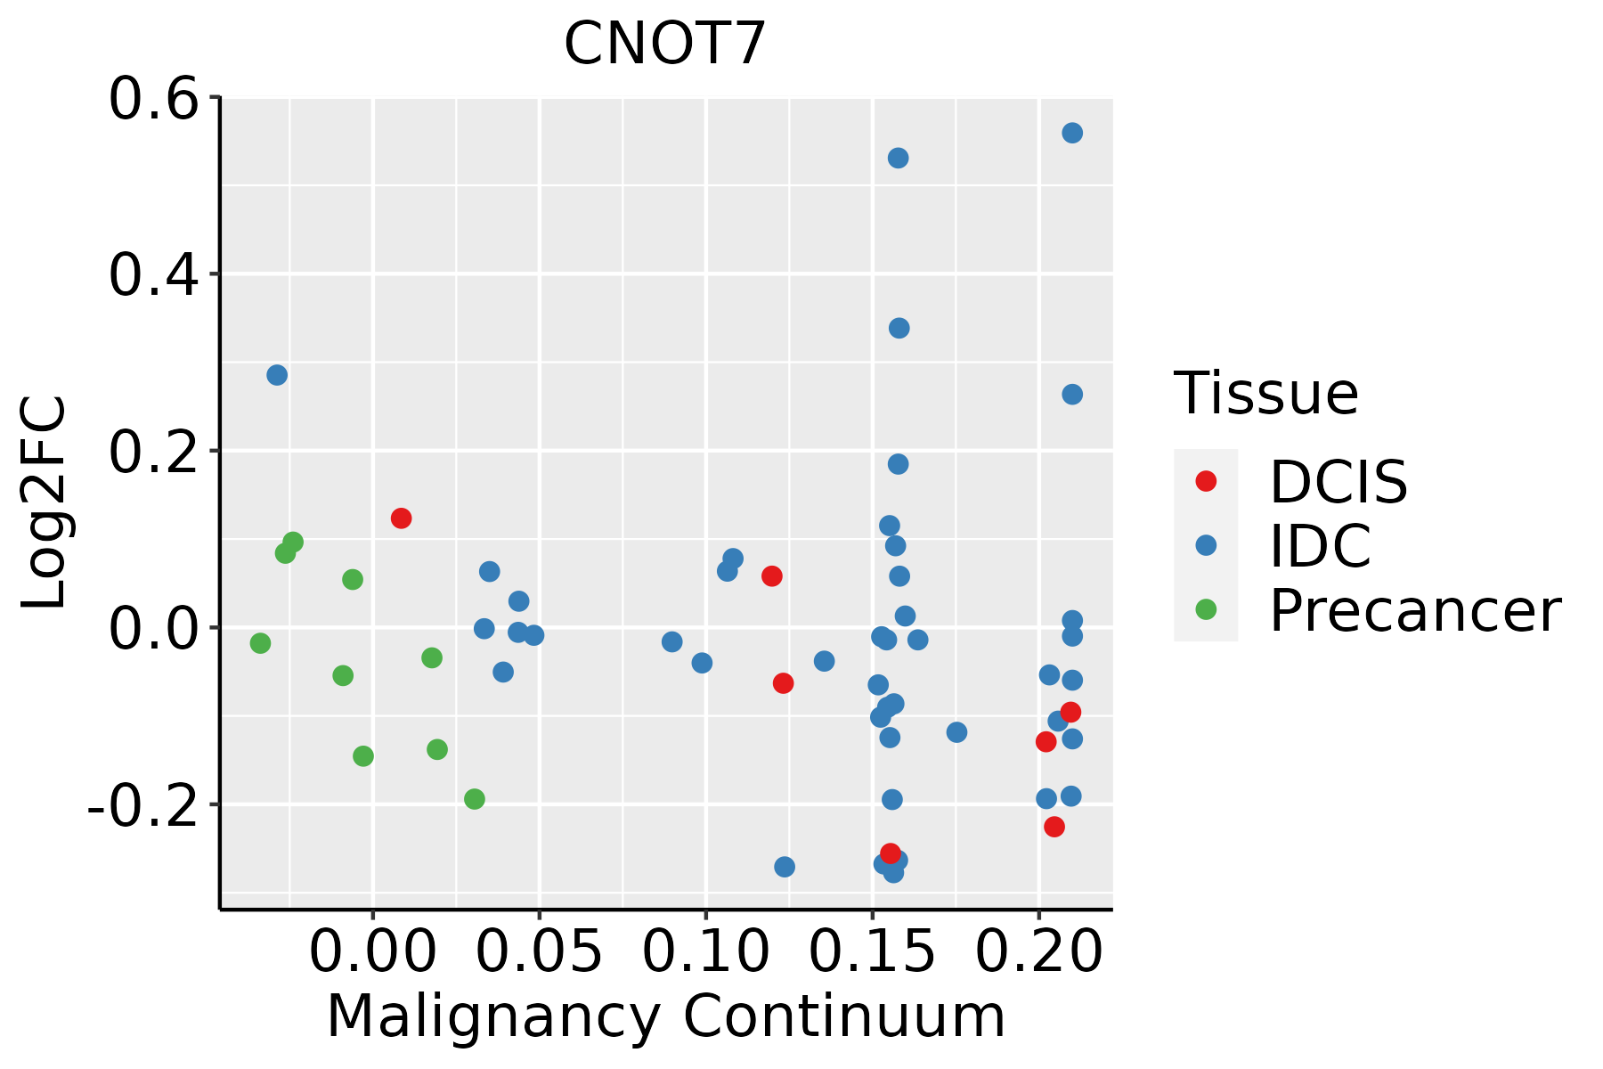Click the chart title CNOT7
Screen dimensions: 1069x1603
tap(665, 44)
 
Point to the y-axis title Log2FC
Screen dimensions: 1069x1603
tap(45, 503)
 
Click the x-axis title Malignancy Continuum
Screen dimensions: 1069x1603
tap(665, 1017)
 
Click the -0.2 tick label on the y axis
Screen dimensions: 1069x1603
tap(142, 806)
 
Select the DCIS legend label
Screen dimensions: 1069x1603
tap(1338, 482)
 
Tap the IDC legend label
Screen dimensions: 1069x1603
tap(1320, 546)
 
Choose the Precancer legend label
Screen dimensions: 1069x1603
tap(1414, 611)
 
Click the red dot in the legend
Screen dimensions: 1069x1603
tap(1206, 481)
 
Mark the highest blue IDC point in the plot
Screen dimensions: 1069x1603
tap(1072, 133)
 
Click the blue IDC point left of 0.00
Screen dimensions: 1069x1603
tap(277, 375)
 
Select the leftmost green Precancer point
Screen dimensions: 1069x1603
tap(260, 643)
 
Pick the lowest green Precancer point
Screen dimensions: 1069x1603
tap(475, 799)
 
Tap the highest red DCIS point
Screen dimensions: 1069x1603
tap(401, 518)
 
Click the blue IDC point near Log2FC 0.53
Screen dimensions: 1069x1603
tap(898, 158)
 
